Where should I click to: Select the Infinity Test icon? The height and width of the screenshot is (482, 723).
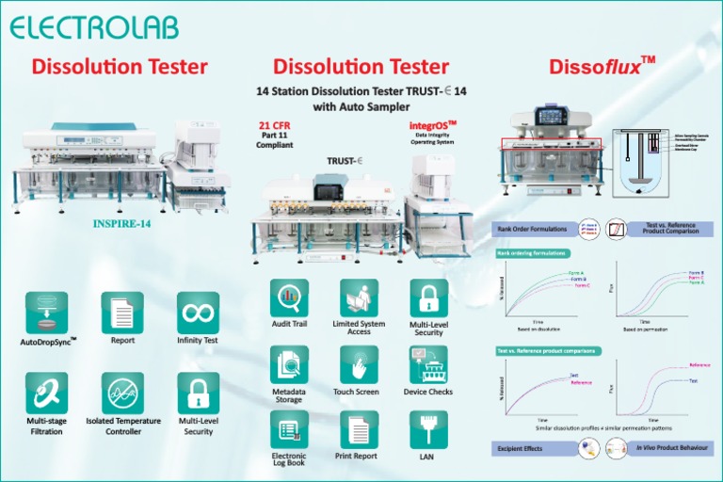pos(198,312)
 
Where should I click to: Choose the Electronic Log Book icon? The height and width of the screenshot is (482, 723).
pos(290,430)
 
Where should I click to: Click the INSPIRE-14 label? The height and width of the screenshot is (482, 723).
pos(122,225)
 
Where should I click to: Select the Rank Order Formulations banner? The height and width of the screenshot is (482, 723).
pos(533,229)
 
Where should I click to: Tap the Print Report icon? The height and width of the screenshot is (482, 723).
pos(359,430)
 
